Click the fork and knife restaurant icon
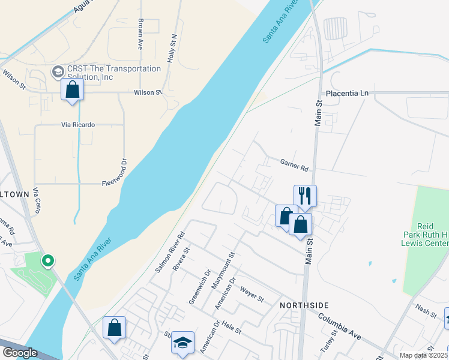(x=305, y=196)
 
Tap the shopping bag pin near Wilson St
(x=72, y=90)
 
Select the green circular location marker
(x=47, y=261)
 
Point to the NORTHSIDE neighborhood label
(x=301, y=305)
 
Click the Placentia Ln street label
(x=347, y=94)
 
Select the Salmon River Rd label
(x=170, y=251)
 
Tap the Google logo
(x=20, y=353)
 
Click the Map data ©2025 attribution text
(x=424, y=355)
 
